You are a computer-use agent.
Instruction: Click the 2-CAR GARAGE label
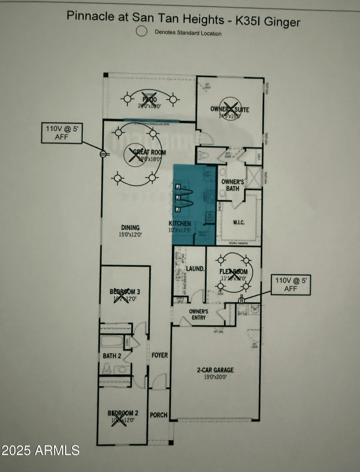tap(215, 370)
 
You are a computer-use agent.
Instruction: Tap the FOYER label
tap(159, 355)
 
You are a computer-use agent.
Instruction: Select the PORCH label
tap(158, 415)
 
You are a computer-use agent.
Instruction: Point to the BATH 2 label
tap(112, 356)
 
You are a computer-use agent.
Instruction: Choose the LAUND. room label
tap(196, 269)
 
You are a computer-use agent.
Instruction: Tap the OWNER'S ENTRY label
tap(198, 314)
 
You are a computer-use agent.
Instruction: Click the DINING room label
tap(130, 228)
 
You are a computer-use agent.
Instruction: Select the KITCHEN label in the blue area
tap(180, 224)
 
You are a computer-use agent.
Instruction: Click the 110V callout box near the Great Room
tap(62, 133)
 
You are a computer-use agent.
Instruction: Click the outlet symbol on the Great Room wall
tap(103, 153)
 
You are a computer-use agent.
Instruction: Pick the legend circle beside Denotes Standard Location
tap(142, 31)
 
